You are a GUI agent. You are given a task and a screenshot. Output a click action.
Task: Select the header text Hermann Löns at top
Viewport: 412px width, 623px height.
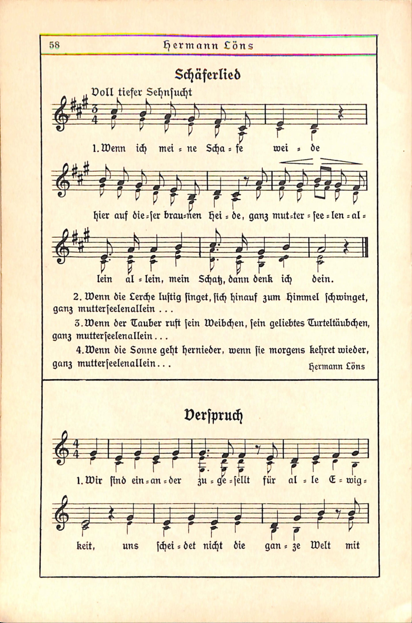point(208,46)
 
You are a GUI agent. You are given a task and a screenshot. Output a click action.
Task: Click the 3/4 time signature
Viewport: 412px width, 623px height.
point(95,116)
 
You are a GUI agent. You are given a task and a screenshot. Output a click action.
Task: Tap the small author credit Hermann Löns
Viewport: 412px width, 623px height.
point(337,367)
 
